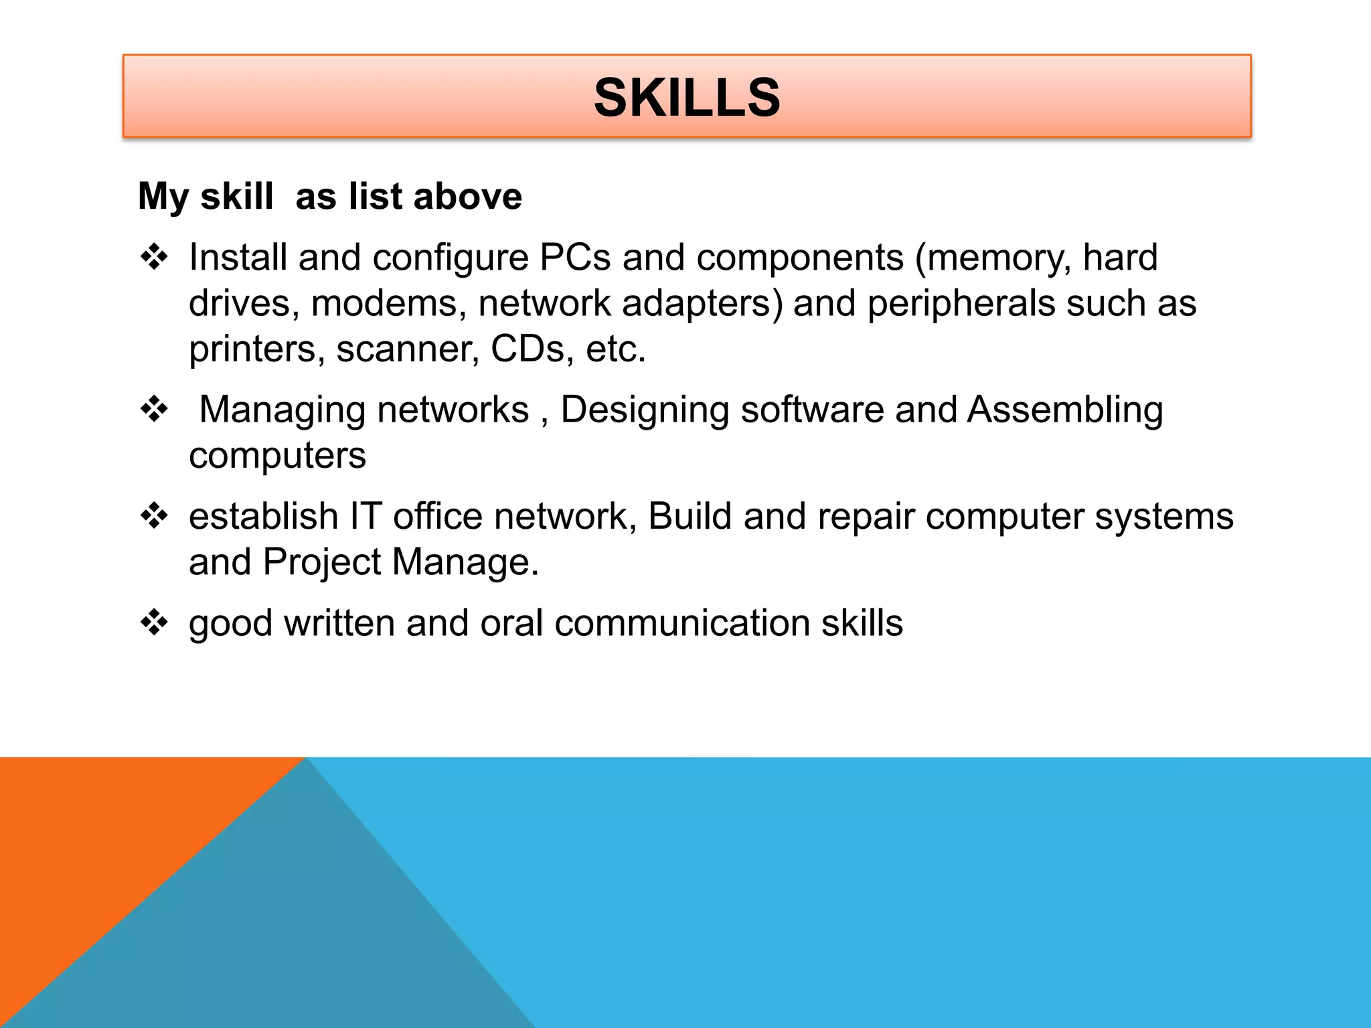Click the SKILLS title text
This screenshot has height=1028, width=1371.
(687, 98)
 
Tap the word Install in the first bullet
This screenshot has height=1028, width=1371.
(238, 258)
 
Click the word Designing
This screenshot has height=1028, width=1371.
(645, 410)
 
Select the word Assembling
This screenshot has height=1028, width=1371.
(1065, 410)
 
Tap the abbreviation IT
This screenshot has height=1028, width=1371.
(366, 517)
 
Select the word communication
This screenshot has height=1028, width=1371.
(682, 623)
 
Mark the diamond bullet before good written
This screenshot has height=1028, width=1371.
(154, 622)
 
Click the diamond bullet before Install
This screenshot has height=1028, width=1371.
(154, 257)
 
